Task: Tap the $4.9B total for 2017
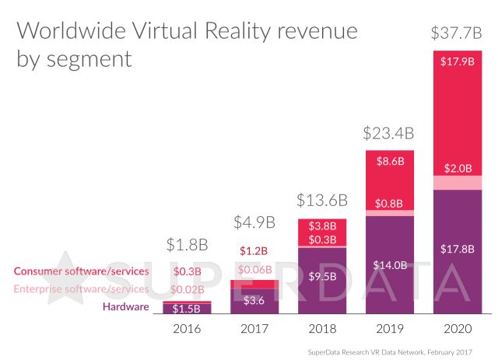255,222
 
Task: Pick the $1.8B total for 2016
188,245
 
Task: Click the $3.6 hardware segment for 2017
255,300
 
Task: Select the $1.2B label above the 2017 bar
255,251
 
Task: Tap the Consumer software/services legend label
81,271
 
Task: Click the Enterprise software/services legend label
81,288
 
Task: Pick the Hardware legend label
125,307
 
